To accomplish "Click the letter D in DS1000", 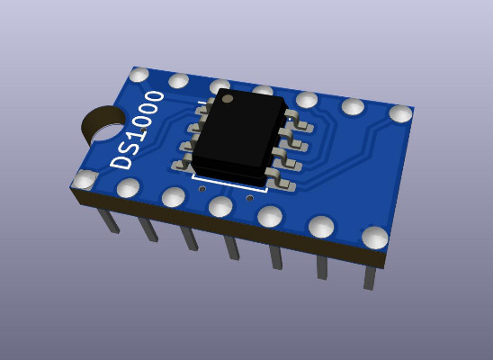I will click(121, 158).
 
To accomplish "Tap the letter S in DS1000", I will click(130, 141).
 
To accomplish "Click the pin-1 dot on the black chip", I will click(228, 97).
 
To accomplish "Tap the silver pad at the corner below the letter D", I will click(85, 179).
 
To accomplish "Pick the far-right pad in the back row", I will click(400, 113).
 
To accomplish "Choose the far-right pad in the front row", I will click(375, 237).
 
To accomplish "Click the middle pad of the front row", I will click(221, 207).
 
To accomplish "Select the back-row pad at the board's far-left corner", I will click(139, 75).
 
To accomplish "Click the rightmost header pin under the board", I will click(370, 275).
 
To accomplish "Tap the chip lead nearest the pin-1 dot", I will click(203, 107).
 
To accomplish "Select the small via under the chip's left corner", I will click(202, 189).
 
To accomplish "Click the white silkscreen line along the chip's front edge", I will click(229, 184).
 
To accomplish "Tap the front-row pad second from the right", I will click(321, 227).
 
